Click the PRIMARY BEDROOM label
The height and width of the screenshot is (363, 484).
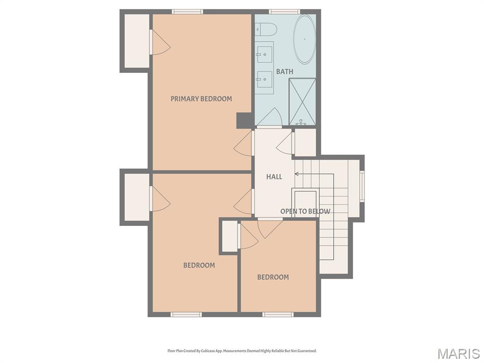click(x=201, y=99)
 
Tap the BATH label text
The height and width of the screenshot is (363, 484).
click(x=285, y=71)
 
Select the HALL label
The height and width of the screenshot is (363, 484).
click(x=274, y=177)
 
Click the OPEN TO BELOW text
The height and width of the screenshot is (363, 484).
click(x=305, y=211)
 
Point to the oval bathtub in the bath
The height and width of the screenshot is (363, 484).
click(x=304, y=39)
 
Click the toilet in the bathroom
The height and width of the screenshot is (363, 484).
click(x=264, y=29)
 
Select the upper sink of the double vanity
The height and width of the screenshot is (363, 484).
click(x=265, y=55)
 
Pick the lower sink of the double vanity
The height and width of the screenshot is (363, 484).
click(x=265, y=79)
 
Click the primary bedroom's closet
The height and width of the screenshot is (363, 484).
click(x=137, y=41)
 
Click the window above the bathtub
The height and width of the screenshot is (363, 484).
click(x=284, y=12)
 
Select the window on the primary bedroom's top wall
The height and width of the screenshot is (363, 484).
click(x=188, y=12)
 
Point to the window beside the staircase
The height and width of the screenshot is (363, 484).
click(x=362, y=186)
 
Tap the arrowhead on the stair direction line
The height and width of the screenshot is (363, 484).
click(x=297, y=174)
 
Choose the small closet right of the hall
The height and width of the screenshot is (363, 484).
click(x=305, y=142)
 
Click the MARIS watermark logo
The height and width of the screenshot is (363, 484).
click(x=458, y=354)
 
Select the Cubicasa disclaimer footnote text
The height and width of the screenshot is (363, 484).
click(x=242, y=351)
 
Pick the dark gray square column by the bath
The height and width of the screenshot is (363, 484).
click(x=244, y=120)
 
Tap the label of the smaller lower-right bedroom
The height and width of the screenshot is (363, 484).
click(x=273, y=277)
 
